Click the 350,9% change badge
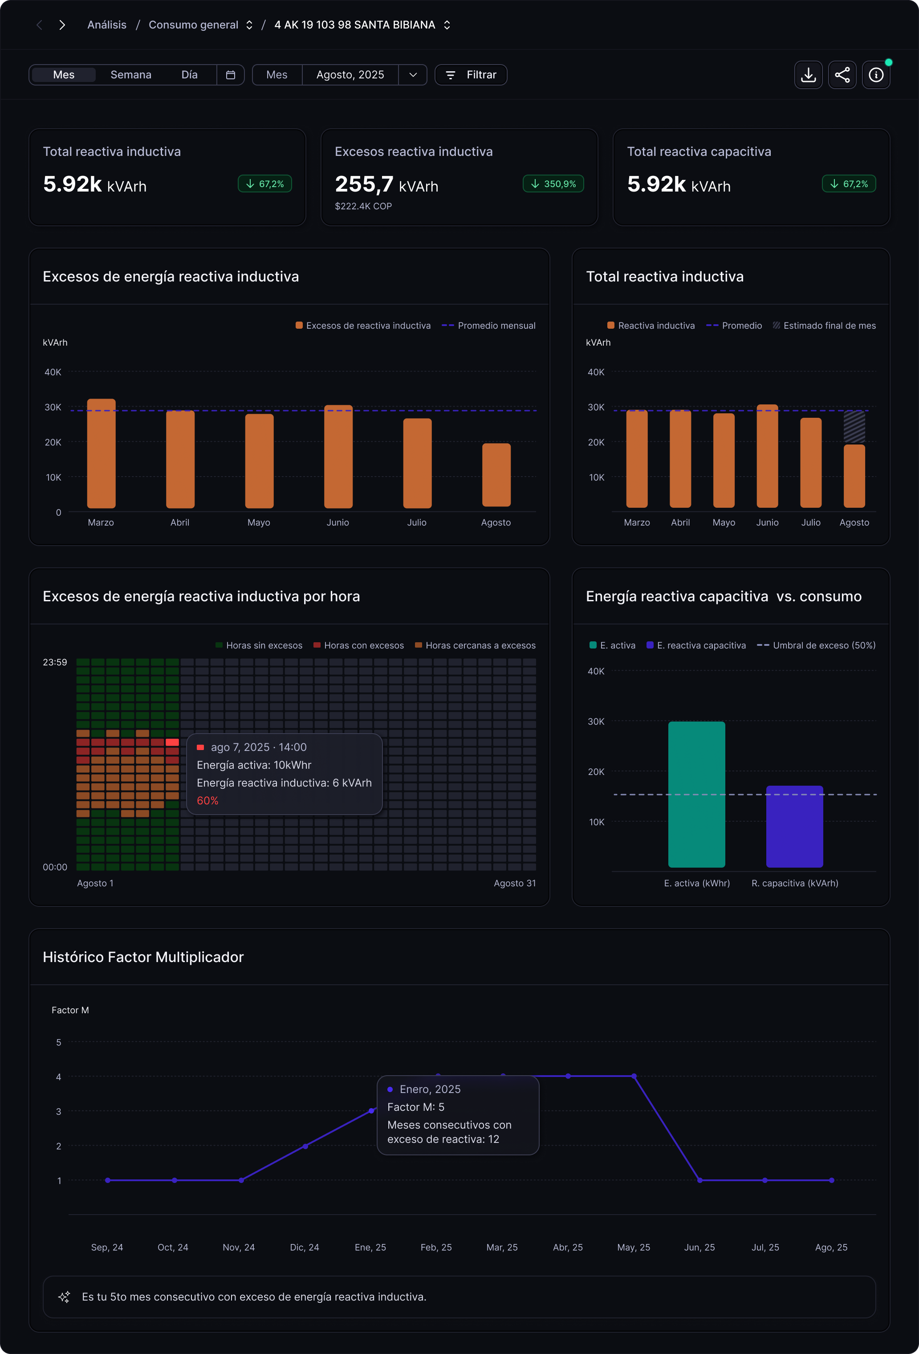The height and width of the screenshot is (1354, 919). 553,184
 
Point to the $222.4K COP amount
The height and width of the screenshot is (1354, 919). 363,206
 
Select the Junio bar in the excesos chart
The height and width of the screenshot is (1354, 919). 338,457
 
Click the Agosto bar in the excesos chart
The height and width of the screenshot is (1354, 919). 496,475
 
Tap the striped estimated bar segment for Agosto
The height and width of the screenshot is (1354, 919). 854,427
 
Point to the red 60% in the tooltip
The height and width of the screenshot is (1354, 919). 207,800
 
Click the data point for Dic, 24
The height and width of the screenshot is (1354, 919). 305,1146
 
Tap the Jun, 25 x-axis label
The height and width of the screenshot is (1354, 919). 699,1248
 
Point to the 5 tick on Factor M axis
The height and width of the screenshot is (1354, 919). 58,1042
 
